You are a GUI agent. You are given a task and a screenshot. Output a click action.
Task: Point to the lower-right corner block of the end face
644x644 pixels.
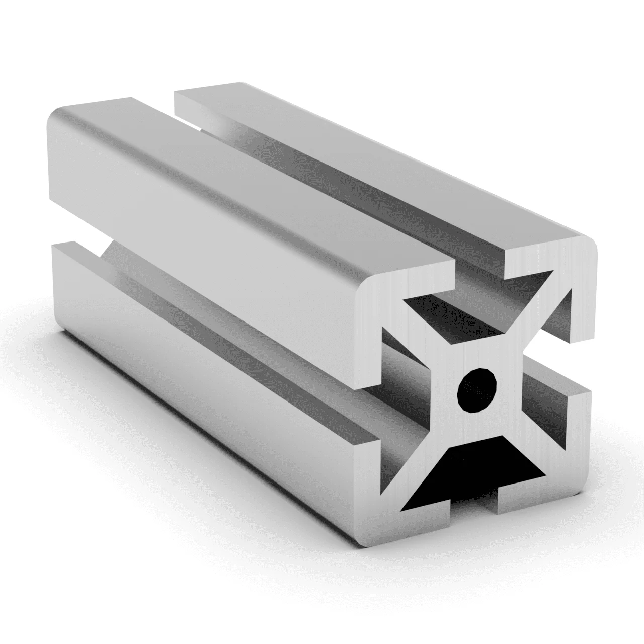[x=574, y=443]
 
